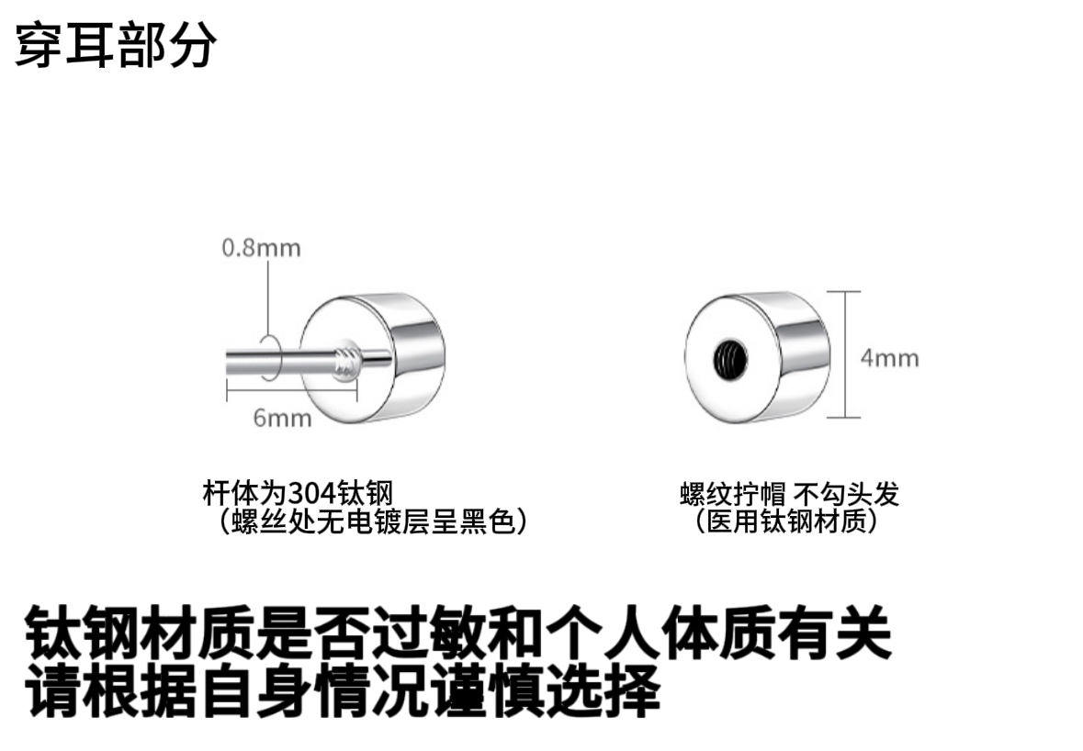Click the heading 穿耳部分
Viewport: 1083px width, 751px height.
(116, 44)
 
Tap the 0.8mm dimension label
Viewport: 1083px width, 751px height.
(261, 248)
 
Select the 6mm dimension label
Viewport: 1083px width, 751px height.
(282, 418)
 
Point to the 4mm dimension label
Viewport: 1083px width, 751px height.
(889, 357)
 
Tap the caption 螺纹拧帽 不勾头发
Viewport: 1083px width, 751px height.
(789, 494)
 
